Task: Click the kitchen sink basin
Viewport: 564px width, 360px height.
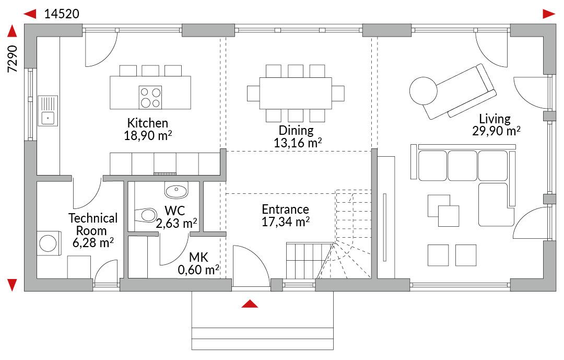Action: (48, 118)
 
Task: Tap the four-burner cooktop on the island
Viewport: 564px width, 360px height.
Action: (150, 97)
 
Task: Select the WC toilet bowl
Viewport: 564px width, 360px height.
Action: (146, 215)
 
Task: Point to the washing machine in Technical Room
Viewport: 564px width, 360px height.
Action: (48, 243)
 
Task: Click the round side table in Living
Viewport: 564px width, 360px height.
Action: (424, 91)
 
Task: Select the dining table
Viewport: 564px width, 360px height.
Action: (295, 93)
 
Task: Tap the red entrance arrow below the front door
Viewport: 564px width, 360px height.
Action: (250, 304)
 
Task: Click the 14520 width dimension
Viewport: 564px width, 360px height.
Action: (62, 14)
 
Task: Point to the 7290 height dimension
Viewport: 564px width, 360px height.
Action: (13, 59)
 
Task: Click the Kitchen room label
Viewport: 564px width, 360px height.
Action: (147, 123)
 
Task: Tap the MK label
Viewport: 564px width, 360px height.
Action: (198, 257)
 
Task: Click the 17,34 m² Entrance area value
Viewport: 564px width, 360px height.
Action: (286, 222)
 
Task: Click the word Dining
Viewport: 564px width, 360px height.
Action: (296, 130)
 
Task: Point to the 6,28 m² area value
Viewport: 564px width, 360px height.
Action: (93, 242)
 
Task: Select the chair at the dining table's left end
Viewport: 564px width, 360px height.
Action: (253, 93)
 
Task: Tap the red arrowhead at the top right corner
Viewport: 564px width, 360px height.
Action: (549, 14)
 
